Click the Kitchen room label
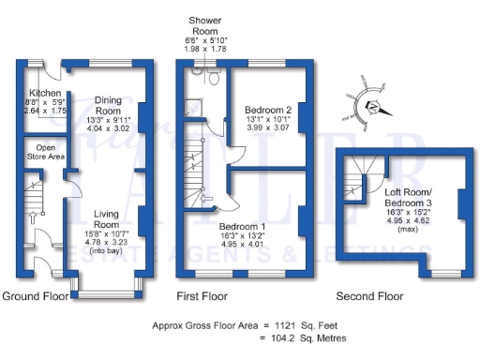(x=44, y=94)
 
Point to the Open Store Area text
(x=44, y=153)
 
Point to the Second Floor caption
(x=371, y=297)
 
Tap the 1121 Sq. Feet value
(x=306, y=325)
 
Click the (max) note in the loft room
(x=408, y=229)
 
